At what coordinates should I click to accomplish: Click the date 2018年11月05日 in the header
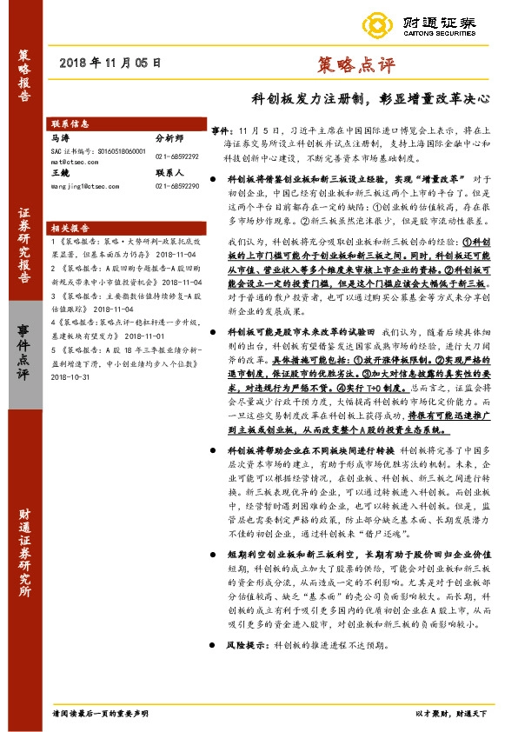[112, 63]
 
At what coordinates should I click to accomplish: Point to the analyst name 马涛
[60, 137]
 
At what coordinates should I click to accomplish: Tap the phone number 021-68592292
[177, 156]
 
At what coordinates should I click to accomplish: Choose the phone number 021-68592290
[177, 185]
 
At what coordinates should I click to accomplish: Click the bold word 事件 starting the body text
[221, 129]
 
